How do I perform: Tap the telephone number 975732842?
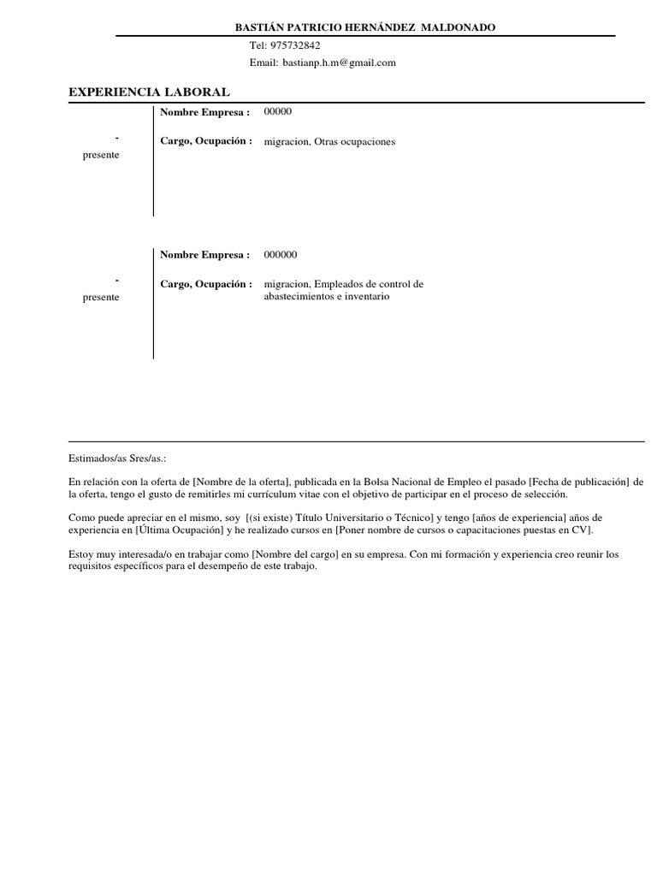tap(295, 45)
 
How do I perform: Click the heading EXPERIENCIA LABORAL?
tap(149, 92)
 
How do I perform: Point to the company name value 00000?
tap(278, 112)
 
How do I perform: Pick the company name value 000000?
tap(281, 255)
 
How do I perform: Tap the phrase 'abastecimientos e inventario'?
tap(327, 296)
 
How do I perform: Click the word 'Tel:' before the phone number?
tap(258, 45)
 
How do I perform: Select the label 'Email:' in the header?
tap(263, 62)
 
